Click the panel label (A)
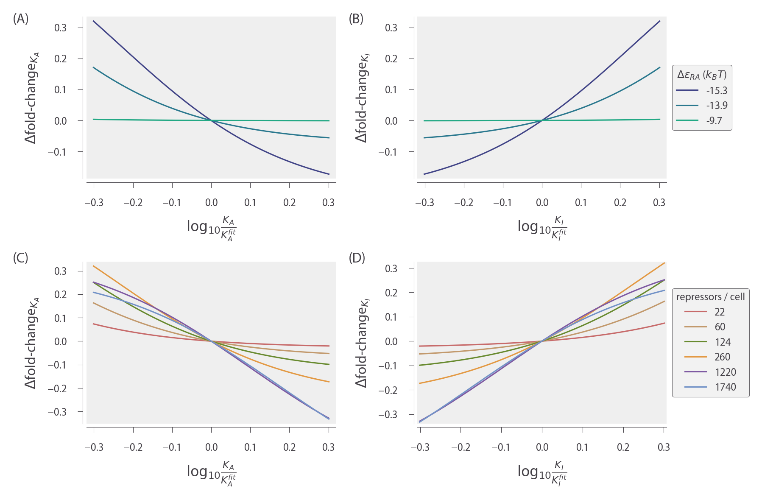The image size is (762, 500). (21, 19)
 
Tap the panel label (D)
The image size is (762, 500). (357, 258)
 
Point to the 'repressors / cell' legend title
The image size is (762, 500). (710, 297)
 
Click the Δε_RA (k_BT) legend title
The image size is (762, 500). (702, 75)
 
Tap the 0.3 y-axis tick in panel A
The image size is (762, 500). (61, 28)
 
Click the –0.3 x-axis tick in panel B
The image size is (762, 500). (424, 203)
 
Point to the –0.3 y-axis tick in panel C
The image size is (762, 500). (57, 412)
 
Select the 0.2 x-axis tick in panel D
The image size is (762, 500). (623, 447)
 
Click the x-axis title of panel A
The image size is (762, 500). (211, 228)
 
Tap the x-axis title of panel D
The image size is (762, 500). (542, 473)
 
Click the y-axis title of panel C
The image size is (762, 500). (32, 343)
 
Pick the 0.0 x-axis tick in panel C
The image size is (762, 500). (211, 447)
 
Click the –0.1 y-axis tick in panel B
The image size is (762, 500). (388, 152)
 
